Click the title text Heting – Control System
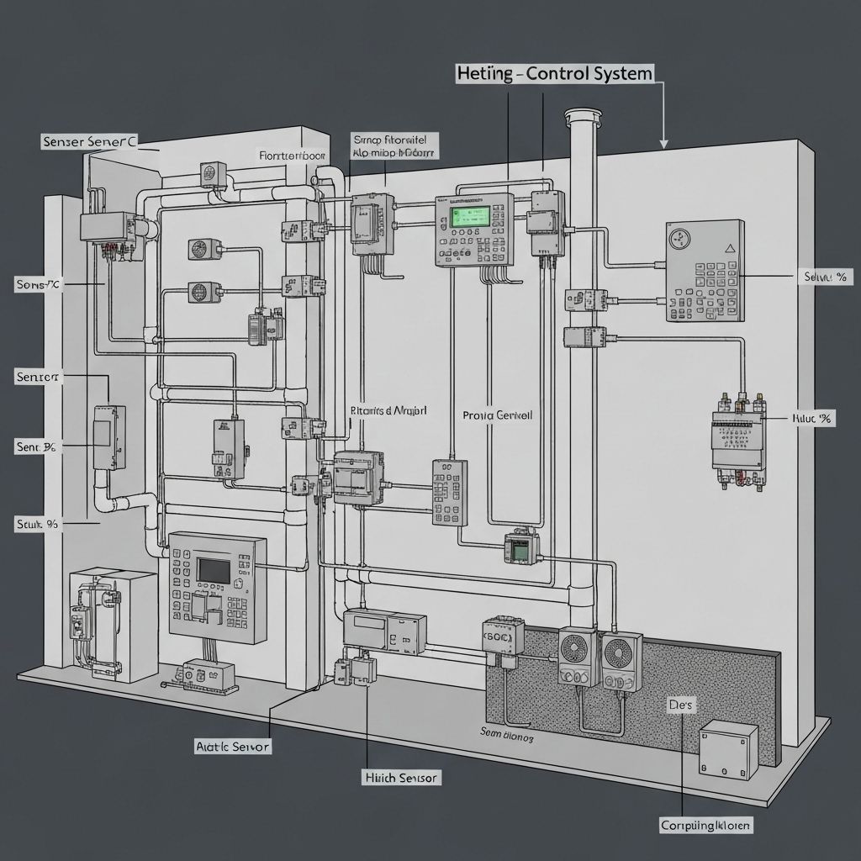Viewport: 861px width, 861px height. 554,74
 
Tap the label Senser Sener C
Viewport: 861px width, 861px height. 89,142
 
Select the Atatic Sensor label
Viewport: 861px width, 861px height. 233,746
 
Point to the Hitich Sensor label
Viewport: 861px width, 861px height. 400,778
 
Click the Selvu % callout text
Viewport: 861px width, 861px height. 824,276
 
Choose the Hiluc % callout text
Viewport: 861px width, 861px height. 812,418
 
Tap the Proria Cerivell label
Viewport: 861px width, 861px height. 498,415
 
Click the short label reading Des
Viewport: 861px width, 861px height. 679,705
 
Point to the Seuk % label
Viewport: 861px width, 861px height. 37,523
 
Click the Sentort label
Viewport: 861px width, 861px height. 38,377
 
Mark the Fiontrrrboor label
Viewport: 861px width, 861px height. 292,156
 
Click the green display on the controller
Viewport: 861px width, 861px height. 469,216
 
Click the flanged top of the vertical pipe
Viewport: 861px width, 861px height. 579,115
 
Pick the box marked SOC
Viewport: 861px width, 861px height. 503,638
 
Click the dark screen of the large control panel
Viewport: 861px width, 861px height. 214,569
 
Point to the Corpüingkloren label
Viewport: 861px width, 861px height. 705,825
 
